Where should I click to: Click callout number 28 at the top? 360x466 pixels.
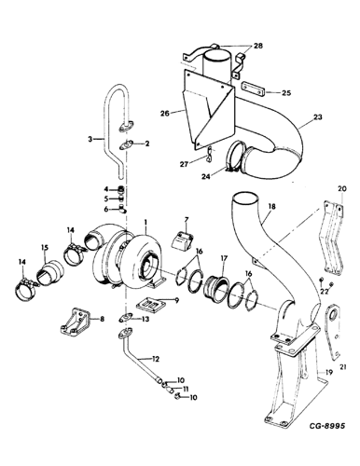coord(257,46)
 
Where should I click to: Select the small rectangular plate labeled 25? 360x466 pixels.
coord(253,92)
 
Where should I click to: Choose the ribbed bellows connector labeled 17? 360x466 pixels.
coord(225,281)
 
